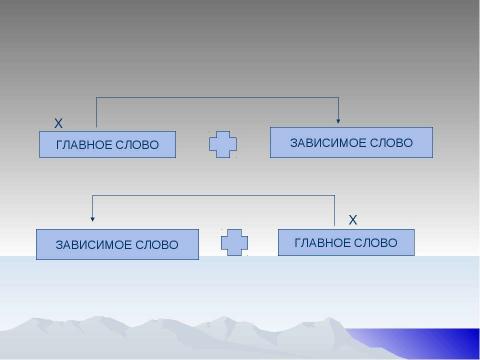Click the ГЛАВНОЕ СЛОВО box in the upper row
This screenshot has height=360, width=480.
point(107,145)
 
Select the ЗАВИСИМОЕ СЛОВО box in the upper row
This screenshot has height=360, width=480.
point(351,143)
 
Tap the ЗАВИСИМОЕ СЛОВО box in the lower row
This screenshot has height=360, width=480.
point(117,244)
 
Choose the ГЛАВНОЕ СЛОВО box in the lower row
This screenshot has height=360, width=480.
point(346,243)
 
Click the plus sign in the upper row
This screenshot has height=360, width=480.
point(223,145)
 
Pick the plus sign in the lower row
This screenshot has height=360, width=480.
point(234,243)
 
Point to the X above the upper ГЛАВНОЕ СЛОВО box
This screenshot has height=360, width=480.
point(58,123)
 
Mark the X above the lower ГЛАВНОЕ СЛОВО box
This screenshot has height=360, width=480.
point(352,218)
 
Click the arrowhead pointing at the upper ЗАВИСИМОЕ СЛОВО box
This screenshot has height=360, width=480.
point(339,122)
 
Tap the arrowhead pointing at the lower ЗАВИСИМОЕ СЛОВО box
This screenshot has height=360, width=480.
point(93,218)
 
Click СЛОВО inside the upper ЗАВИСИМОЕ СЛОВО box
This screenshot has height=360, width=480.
point(391,143)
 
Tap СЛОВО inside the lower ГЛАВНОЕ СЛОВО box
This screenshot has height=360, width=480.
point(377,243)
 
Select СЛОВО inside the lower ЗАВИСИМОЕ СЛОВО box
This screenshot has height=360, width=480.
point(157,244)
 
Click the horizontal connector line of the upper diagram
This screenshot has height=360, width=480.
point(217,97)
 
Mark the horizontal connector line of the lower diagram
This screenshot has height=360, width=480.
point(213,195)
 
